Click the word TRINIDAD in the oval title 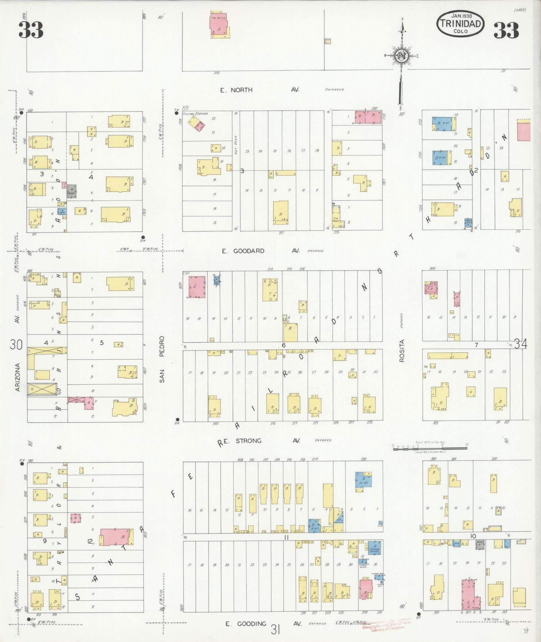[x=461, y=23]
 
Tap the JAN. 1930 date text [x=461, y=15]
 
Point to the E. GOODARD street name [x=243, y=251]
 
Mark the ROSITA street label [x=402, y=350]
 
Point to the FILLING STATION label [x=195, y=114]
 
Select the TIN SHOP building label [x=336, y=219]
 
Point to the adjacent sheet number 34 [x=520, y=344]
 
